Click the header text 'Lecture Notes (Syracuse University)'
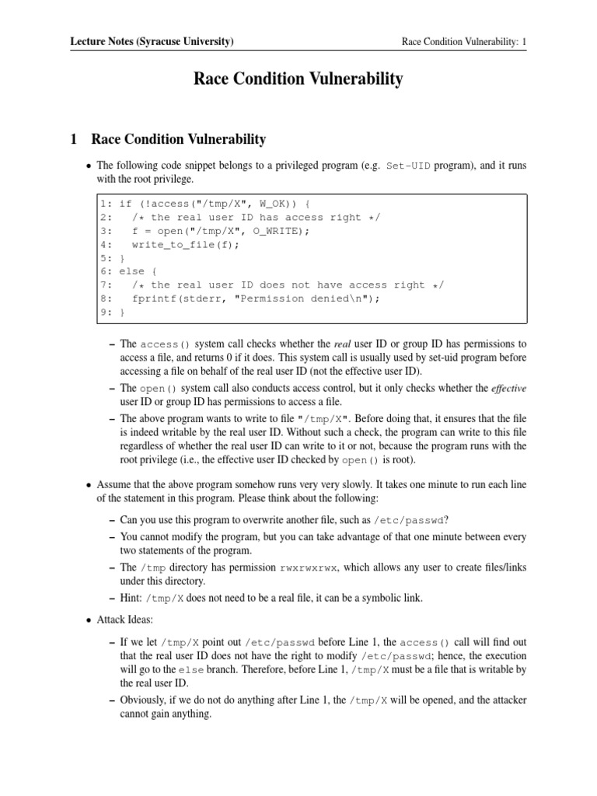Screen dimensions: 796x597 click(x=152, y=41)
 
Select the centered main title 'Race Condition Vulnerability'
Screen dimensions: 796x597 click(x=298, y=79)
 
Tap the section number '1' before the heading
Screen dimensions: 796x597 click(x=74, y=140)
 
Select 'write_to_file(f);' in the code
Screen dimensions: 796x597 click(x=187, y=245)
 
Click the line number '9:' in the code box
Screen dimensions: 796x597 click(x=106, y=312)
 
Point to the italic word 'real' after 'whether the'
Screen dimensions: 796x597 click(x=343, y=344)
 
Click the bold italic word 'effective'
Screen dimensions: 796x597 click(x=508, y=388)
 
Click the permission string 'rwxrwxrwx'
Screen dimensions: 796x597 click(x=309, y=567)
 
